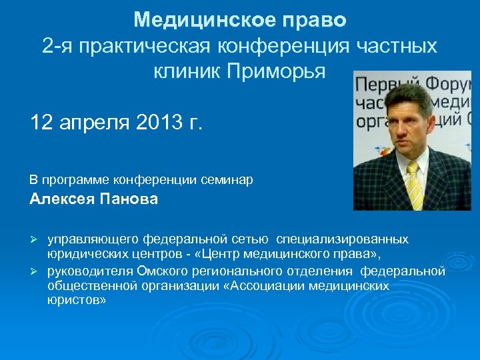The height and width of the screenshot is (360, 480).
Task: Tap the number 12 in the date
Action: coord(42,123)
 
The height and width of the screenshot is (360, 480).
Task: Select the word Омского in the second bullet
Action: coord(158,270)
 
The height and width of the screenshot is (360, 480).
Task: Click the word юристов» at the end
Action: coord(77,301)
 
